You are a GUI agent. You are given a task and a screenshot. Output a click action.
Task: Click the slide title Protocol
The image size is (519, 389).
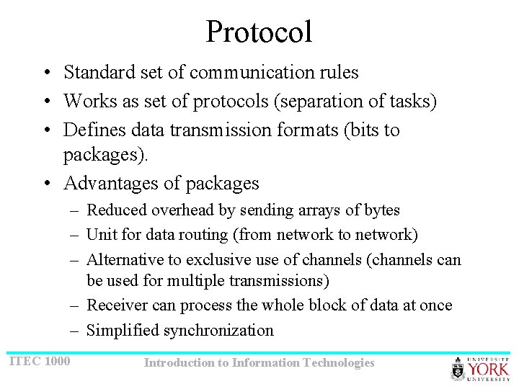point(259,32)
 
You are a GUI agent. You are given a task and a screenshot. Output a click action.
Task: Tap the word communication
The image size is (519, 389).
point(235,72)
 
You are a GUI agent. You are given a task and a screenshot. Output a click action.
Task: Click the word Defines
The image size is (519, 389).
point(90,130)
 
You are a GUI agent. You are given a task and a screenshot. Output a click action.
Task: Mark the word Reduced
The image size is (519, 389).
point(113,210)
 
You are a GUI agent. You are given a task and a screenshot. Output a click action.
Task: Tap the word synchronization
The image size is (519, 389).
point(219,331)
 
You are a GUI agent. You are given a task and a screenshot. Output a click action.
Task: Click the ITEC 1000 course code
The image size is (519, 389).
point(39,360)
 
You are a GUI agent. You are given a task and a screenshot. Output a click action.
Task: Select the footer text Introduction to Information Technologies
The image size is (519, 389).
point(259,363)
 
